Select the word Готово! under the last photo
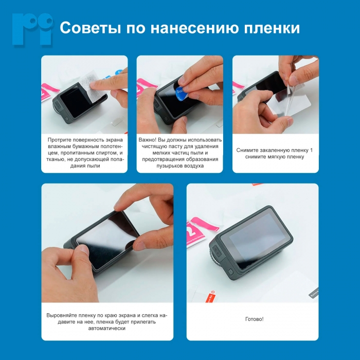tap(254, 319)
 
